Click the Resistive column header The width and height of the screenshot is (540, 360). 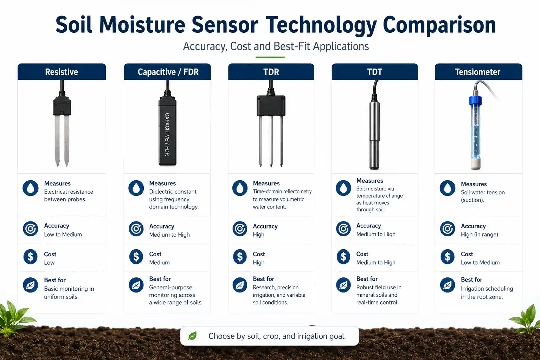62,72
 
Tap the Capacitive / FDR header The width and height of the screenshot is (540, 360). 168,72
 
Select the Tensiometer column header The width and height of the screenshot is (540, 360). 478,72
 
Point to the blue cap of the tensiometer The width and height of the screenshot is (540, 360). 475,100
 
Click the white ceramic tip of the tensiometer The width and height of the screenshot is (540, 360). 475,163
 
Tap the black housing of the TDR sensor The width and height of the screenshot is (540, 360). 271,105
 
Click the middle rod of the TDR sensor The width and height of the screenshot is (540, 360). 271,141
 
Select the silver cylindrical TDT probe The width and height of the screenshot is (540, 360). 374,135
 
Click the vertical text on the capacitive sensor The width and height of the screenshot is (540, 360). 167,134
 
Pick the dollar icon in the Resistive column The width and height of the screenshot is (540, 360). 30,257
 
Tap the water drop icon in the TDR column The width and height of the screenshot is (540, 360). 240,188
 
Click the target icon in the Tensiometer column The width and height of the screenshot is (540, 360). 448,229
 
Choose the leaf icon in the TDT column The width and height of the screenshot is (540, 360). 343,285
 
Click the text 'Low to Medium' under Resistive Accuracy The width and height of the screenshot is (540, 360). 63,234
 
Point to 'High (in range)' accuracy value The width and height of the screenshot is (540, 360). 480,234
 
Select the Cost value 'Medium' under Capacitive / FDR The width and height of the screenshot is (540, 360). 159,262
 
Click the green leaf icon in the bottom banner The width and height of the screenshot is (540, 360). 192,336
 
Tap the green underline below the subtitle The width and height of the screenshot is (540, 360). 270,57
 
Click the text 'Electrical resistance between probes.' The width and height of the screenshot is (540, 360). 69,195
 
